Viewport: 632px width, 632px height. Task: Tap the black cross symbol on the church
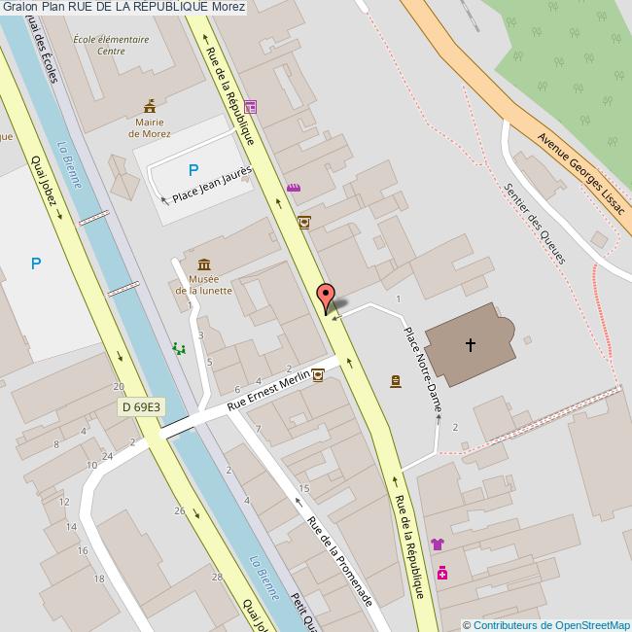(471, 344)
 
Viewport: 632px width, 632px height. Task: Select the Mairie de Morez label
(149, 128)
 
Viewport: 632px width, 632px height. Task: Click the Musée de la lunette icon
(204, 264)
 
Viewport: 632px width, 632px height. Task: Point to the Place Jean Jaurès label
(212, 184)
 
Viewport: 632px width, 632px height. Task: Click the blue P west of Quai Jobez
(36, 263)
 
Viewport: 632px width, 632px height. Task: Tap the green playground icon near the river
(179, 347)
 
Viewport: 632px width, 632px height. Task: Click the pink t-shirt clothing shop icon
(438, 544)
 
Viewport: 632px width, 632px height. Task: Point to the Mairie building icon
(149, 105)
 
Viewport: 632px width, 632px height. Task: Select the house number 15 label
(304, 488)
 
